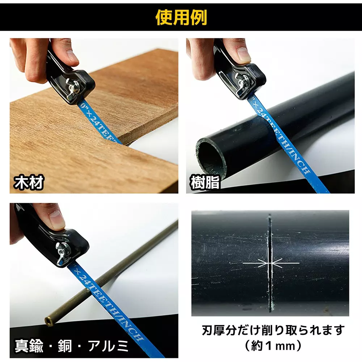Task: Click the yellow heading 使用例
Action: [x=181, y=17]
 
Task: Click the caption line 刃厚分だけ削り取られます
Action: [x=273, y=330]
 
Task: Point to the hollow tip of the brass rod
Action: [x=47, y=320]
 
